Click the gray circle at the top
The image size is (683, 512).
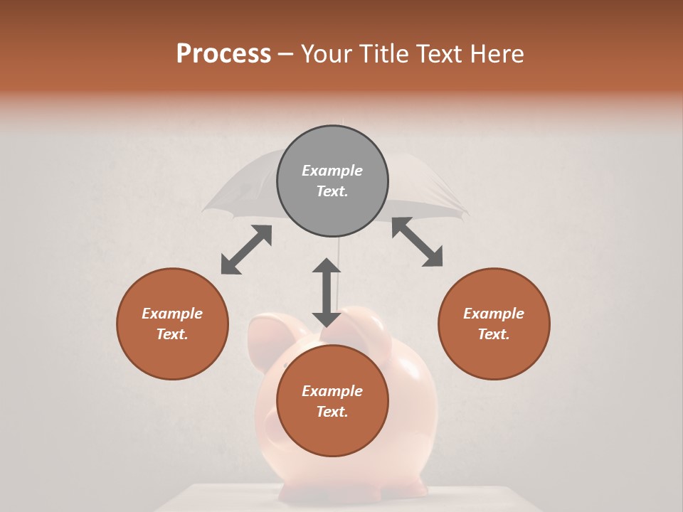coord(332,181)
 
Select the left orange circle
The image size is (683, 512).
coord(172,324)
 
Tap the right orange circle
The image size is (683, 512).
coord(494,324)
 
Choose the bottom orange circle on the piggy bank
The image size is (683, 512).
coord(332,401)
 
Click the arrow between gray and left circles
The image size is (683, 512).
coord(246,250)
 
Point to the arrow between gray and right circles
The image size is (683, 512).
coord(418,242)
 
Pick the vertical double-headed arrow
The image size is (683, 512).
coord(327,292)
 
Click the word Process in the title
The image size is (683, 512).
coord(223,54)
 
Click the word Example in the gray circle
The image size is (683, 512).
coord(332,171)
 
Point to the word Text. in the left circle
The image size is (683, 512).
coord(172,334)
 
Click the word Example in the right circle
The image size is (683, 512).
coord(494,314)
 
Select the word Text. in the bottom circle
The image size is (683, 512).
coord(332,412)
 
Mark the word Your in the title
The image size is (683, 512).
coord(324,54)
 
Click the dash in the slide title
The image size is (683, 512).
coord(286,54)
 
